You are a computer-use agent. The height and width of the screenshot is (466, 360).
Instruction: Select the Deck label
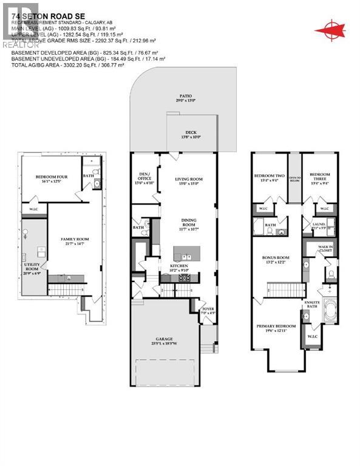pyautogui.click(x=191, y=135)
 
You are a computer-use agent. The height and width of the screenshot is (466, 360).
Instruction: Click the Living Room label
pyautogui.click(x=188, y=181)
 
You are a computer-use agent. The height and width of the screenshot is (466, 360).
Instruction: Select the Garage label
pyautogui.click(x=164, y=340)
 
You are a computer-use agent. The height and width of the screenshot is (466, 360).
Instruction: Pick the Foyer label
pyautogui.click(x=208, y=311)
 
